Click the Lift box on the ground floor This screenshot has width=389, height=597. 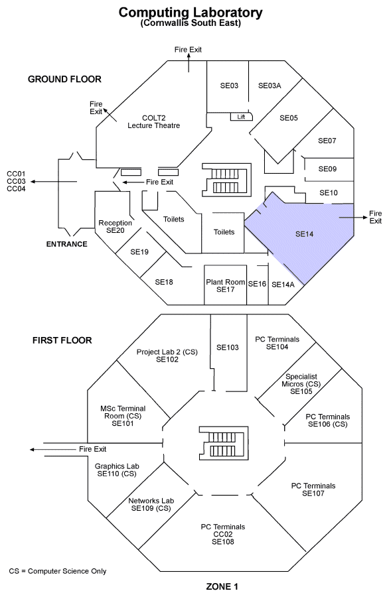click(241, 117)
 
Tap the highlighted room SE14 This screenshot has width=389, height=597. click(305, 234)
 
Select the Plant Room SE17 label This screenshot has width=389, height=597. click(226, 285)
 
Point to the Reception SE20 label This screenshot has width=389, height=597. click(116, 227)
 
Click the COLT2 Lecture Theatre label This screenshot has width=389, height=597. click(153, 122)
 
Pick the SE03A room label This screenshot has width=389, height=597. click(270, 86)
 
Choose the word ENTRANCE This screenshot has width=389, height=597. click(66, 244)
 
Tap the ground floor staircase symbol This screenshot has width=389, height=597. click(226, 180)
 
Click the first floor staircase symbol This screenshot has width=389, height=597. click(224, 444)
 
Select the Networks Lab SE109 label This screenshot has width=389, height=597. click(151, 505)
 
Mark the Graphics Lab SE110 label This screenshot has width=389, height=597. click(117, 470)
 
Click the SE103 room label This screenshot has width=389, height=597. click(228, 347)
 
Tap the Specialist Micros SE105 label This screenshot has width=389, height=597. click(301, 384)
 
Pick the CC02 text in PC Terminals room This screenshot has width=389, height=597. click(223, 534)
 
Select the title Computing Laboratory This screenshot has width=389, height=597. click(191, 13)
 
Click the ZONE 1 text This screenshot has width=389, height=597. click(222, 587)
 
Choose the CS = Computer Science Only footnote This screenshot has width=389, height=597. click(58, 571)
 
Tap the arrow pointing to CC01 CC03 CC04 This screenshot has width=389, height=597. click(54, 182)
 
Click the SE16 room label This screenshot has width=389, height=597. click(257, 284)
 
